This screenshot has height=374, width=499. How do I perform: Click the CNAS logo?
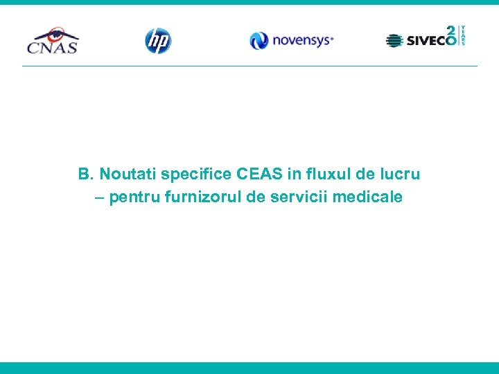[x=53, y=41]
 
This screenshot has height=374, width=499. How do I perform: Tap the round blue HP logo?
[x=157, y=41]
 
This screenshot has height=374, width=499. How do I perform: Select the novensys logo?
[x=292, y=41]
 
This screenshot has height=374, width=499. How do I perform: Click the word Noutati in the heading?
[x=128, y=173]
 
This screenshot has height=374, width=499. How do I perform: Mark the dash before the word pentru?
[x=99, y=197]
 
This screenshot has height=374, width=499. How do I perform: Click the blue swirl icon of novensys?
[x=259, y=41]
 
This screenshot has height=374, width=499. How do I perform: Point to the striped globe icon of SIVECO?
[x=394, y=41]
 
